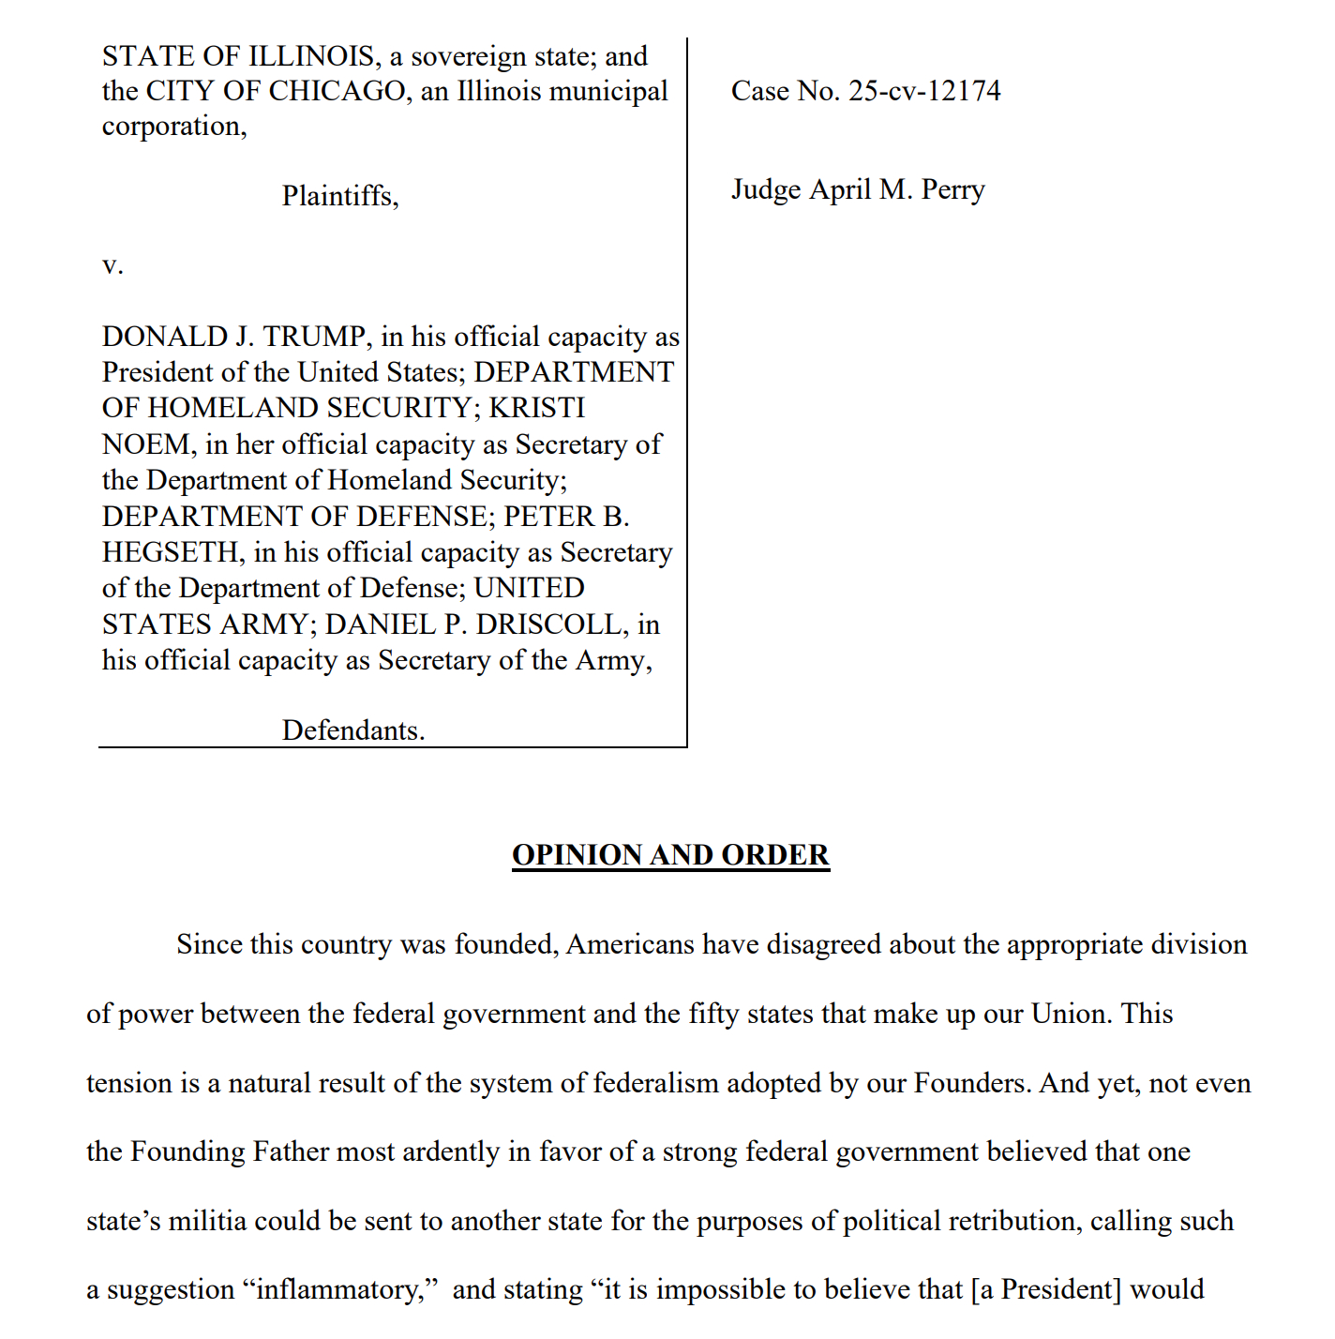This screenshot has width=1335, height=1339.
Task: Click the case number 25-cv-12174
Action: pyautogui.click(x=924, y=91)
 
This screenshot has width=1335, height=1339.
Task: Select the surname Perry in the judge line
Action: pyautogui.click(x=952, y=190)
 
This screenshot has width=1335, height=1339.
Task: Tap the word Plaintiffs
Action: pyautogui.click(x=339, y=196)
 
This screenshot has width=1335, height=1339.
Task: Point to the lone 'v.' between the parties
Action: pyautogui.click(x=112, y=265)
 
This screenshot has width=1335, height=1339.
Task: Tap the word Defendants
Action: pyautogui.click(x=352, y=730)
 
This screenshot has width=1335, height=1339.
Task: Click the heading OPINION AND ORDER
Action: pyautogui.click(x=670, y=855)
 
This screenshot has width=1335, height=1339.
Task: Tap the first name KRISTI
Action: pyautogui.click(x=537, y=408)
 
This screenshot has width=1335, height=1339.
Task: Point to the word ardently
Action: pyautogui.click(x=451, y=1151)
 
